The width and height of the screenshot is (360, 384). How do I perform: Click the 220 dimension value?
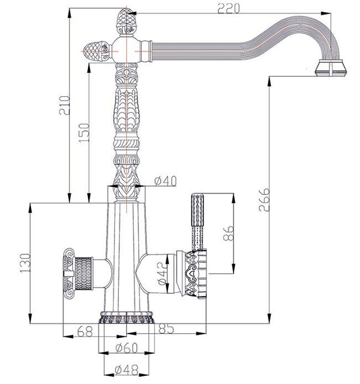(x=228, y=9)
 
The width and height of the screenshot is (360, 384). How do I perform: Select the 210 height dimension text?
(x=65, y=106)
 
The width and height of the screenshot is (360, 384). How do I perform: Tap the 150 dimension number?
(x=84, y=133)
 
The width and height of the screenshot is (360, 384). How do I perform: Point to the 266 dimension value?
(x=264, y=199)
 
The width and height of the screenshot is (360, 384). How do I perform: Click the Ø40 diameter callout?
(x=165, y=181)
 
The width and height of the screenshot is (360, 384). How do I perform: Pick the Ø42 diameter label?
(x=162, y=273)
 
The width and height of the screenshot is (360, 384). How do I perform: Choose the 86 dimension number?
(x=229, y=233)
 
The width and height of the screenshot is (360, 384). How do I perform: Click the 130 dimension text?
(x=25, y=263)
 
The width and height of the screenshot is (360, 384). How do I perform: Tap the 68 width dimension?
(x=85, y=332)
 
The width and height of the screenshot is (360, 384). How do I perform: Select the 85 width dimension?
(x=166, y=329)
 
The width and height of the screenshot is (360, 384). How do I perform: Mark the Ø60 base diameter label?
(x=127, y=348)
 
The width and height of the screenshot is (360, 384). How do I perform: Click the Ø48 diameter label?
(x=127, y=370)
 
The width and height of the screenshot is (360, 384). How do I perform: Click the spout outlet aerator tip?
(x=331, y=68)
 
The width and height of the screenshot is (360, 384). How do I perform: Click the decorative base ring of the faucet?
(x=127, y=318)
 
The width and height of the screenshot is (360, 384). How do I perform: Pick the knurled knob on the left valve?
(x=79, y=273)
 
